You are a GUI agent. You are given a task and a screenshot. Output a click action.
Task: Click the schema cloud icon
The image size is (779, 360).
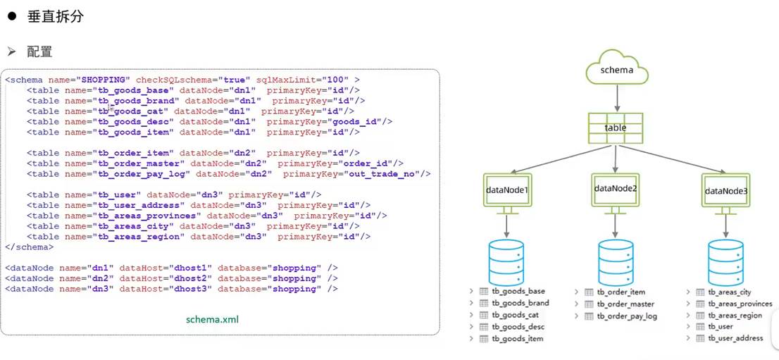pyautogui.click(x=616, y=69)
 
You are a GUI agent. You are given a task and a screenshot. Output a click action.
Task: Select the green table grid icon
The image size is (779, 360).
pyautogui.click(x=616, y=128)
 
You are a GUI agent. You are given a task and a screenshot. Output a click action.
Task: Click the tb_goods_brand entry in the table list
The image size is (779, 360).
pyautogui.click(x=520, y=303)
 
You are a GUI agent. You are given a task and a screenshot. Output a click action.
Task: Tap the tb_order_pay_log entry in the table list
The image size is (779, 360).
pyautogui.click(x=626, y=316)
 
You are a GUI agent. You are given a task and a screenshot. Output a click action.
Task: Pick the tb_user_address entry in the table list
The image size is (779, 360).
pyautogui.click(x=735, y=338)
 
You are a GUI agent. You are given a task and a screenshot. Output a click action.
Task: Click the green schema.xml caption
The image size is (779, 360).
pyautogui.click(x=212, y=319)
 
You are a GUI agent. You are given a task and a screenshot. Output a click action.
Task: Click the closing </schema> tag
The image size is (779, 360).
pyautogui.click(x=28, y=247)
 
